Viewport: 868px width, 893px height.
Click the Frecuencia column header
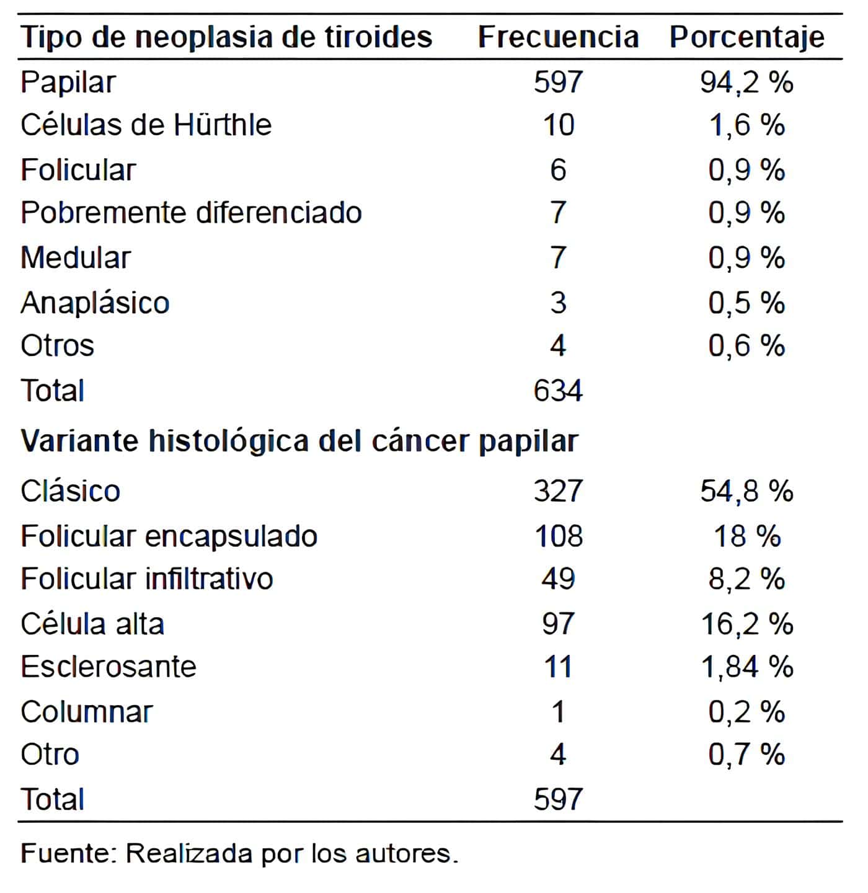coord(558,37)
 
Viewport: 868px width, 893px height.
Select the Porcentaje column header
coord(746,37)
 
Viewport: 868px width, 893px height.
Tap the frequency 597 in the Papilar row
coord(558,82)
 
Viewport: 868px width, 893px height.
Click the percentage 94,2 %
coord(746,82)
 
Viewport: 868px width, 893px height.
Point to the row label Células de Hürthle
coord(146,125)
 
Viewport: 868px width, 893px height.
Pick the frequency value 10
coord(559,125)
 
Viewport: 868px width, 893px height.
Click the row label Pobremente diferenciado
coord(191,213)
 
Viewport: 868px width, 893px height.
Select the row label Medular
coord(76,257)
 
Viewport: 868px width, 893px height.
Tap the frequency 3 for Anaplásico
coord(558,303)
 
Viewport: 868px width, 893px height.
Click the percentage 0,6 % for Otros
coord(746,345)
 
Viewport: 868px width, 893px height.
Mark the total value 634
coord(558,391)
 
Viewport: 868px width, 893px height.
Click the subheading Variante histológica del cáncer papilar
coord(299,442)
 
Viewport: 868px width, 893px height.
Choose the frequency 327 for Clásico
coord(558,491)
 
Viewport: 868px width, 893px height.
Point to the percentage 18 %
coord(746,536)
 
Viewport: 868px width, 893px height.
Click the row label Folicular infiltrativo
coord(147,579)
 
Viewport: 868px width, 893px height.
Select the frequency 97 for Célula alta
coord(558,623)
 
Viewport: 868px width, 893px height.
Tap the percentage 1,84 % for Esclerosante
coord(746,667)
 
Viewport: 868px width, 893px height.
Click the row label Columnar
coord(87,712)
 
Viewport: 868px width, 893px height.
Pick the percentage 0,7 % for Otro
coord(746,755)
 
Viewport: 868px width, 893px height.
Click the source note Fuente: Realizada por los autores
coord(239,854)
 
